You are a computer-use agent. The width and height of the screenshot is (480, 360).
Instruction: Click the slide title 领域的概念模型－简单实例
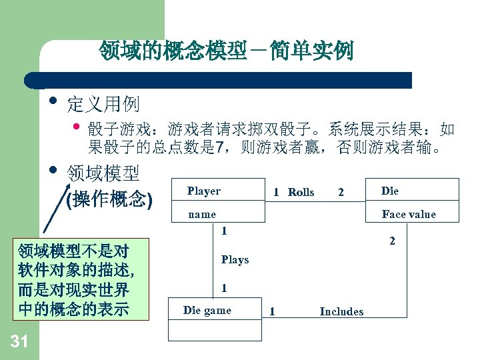click(225, 51)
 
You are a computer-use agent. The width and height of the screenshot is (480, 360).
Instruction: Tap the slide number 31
click(19, 342)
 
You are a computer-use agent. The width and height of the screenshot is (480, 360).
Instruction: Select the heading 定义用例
click(103, 104)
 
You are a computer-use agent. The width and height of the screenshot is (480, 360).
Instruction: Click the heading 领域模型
click(103, 174)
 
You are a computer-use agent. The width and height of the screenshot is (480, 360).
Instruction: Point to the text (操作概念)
click(110, 199)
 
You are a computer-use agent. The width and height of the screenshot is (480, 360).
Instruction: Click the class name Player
click(204, 191)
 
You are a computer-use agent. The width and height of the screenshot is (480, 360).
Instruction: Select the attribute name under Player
click(202, 214)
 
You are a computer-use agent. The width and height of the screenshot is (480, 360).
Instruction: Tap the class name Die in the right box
click(390, 191)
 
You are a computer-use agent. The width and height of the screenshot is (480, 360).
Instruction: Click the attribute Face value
click(409, 214)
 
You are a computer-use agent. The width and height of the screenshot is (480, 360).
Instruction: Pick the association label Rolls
click(301, 192)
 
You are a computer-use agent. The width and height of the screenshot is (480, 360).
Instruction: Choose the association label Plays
click(235, 259)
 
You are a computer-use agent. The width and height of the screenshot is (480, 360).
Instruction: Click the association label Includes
click(341, 311)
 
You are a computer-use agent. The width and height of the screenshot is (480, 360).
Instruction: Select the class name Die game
click(207, 310)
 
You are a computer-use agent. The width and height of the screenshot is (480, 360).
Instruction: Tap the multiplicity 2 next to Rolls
click(341, 193)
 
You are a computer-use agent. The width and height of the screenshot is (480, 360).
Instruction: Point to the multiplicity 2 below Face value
click(392, 241)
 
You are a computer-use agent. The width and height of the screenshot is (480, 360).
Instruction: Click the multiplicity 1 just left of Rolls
click(276, 192)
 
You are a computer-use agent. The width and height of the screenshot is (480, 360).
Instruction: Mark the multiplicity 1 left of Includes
click(272, 311)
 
